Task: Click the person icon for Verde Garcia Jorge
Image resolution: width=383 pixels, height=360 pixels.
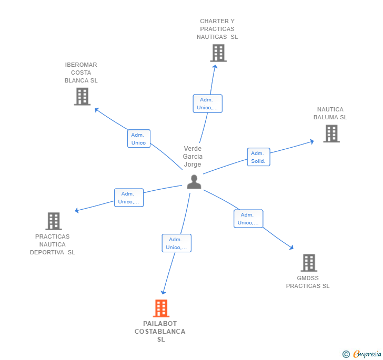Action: tap(194, 182)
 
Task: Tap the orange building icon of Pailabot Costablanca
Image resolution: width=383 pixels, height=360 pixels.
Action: tap(161, 308)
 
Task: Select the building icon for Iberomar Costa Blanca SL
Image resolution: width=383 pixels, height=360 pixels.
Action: tap(82, 97)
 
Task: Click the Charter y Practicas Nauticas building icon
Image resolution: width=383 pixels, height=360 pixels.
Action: tap(218, 53)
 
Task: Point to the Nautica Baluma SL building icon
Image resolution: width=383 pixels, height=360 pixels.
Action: tap(331, 133)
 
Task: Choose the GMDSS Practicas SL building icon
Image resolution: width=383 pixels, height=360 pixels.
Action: tap(309, 263)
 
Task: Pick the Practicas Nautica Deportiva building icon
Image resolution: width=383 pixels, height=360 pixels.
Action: tap(53, 221)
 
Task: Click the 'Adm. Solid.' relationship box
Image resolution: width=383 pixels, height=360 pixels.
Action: tap(258, 157)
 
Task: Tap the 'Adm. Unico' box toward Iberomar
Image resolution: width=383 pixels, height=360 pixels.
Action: tap(139, 139)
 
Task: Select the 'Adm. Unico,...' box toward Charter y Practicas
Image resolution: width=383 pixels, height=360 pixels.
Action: tap(207, 104)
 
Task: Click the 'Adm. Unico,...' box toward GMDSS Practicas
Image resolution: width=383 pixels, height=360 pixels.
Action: tap(248, 219)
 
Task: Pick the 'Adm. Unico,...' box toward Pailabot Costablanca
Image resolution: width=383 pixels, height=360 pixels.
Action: tap(176, 243)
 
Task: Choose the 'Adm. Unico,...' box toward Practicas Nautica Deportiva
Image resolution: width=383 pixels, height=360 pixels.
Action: tap(129, 198)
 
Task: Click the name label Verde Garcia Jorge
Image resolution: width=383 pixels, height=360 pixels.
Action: tap(193, 157)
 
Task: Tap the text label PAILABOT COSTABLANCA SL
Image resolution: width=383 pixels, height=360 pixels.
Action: tap(160, 331)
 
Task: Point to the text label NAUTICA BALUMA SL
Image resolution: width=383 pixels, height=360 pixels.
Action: tap(330, 114)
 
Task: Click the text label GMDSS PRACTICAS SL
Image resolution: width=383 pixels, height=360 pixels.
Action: tap(308, 282)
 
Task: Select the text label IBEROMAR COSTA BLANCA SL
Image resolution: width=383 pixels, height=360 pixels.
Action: tap(81, 73)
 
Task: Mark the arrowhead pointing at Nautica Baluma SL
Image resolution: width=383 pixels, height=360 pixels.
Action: tap(312, 141)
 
